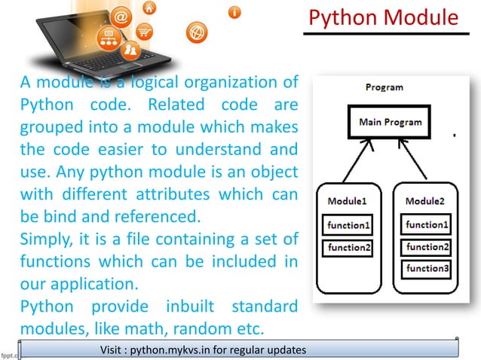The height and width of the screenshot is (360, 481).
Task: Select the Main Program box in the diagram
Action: point(390,122)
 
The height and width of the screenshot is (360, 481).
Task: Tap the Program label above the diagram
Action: point(384,87)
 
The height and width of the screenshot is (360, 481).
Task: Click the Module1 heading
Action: point(348,201)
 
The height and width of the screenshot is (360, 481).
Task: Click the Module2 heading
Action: point(425,201)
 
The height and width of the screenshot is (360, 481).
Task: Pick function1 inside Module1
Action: point(348,224)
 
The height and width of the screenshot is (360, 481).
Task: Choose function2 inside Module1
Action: point(348,247)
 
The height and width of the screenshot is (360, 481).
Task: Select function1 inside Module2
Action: point(427,224)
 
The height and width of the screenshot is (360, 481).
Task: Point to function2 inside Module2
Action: point(427,246)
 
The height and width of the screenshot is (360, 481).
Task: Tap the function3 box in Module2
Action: point(427,267)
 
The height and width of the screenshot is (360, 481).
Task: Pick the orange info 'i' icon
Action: point(235,11)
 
